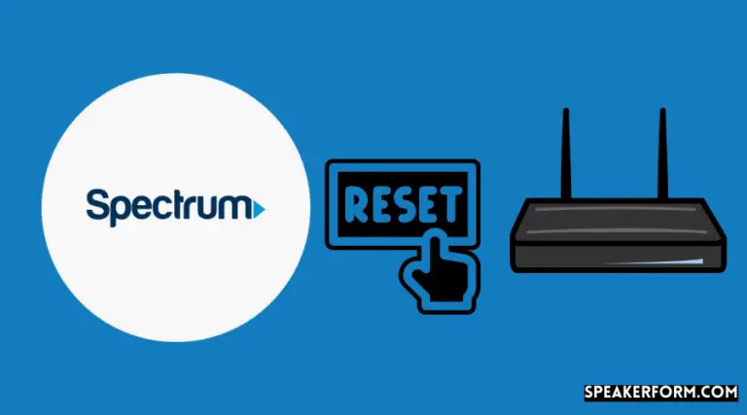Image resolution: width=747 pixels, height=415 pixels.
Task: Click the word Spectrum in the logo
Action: click(170, 207)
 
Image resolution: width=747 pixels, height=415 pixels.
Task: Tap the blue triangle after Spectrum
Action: click(260, 208)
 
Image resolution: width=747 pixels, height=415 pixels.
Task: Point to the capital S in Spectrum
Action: click(97, 205)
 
